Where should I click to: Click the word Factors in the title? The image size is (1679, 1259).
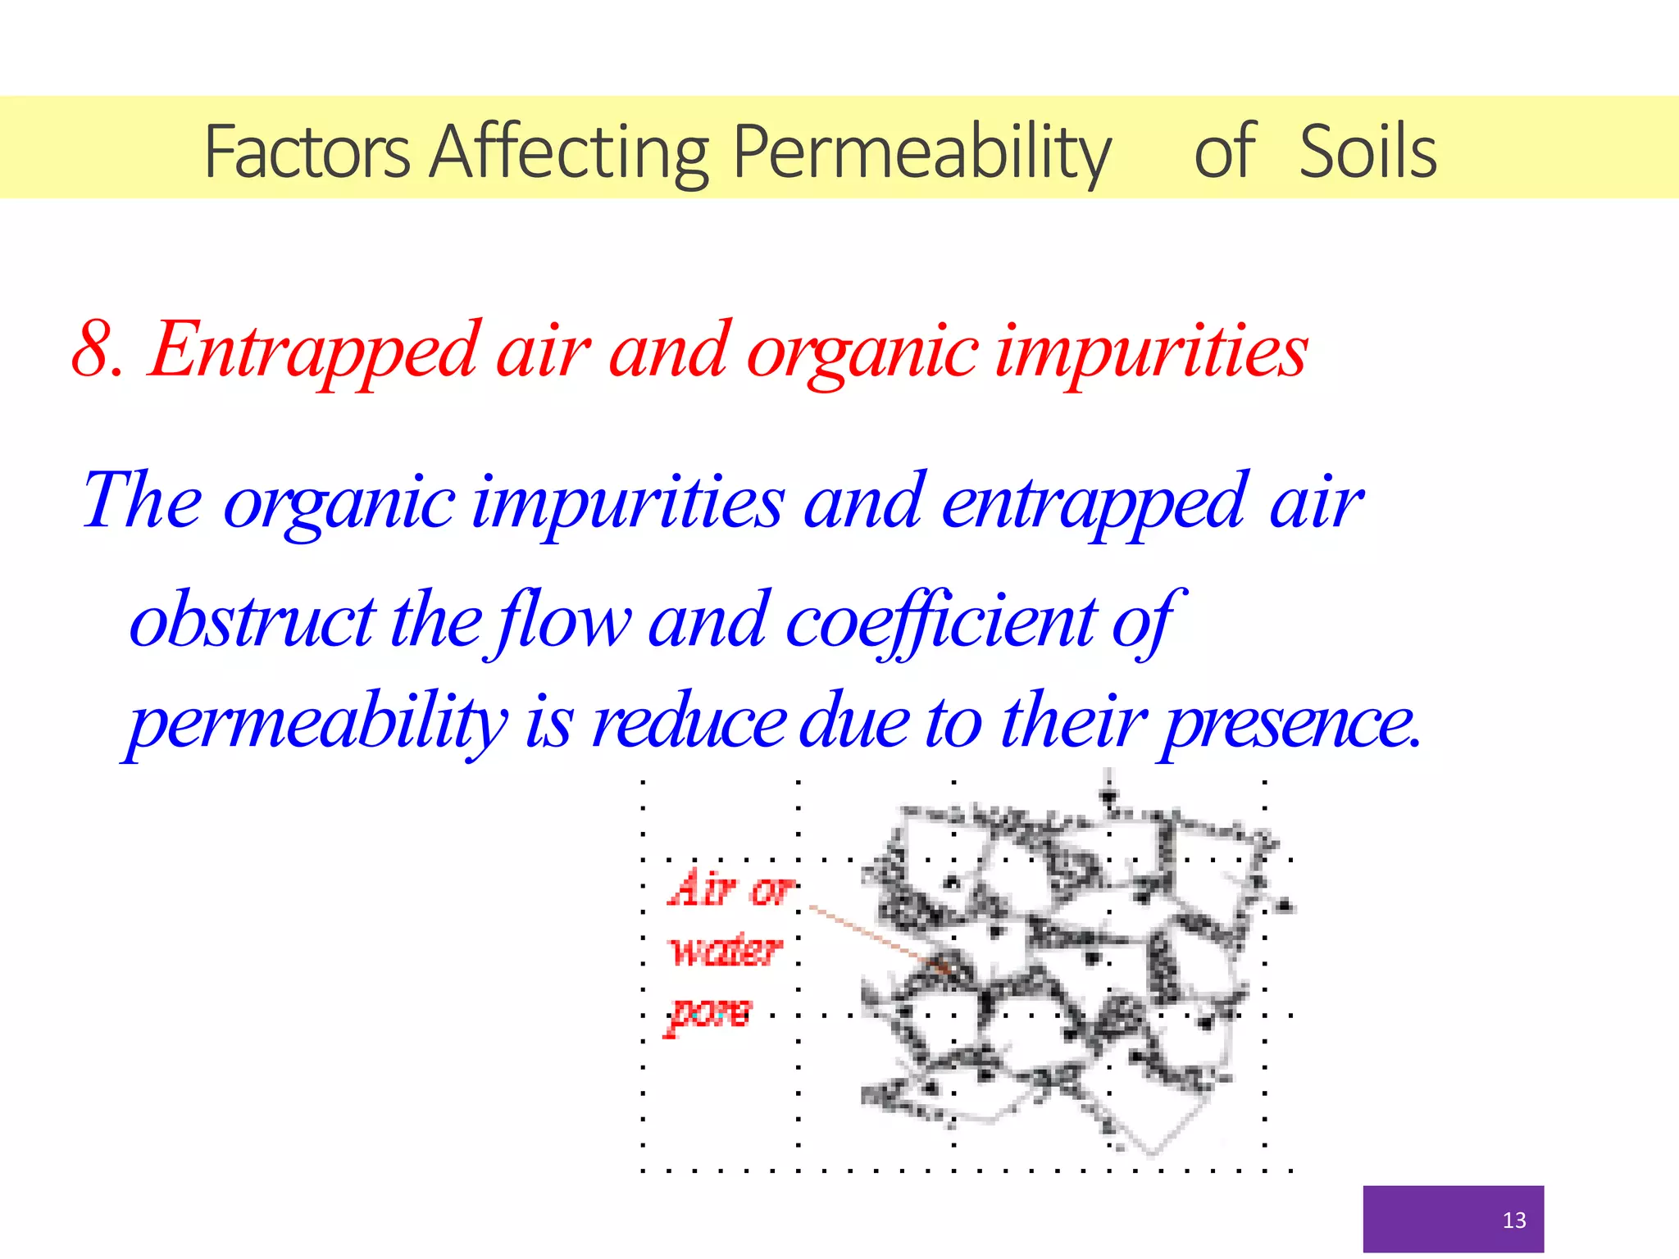(307, 152)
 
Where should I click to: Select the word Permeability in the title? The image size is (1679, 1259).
(921, 153)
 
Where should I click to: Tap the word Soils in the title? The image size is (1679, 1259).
(1367, 152)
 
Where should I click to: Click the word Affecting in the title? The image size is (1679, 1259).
(569, 152)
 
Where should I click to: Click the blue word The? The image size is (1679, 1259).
(142, 501)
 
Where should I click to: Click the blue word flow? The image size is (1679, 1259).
(563, 620)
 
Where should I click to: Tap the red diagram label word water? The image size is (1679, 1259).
(725, 951)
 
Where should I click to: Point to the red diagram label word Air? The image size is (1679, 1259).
(702, 889)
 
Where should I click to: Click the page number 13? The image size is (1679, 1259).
(1513, 1220)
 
